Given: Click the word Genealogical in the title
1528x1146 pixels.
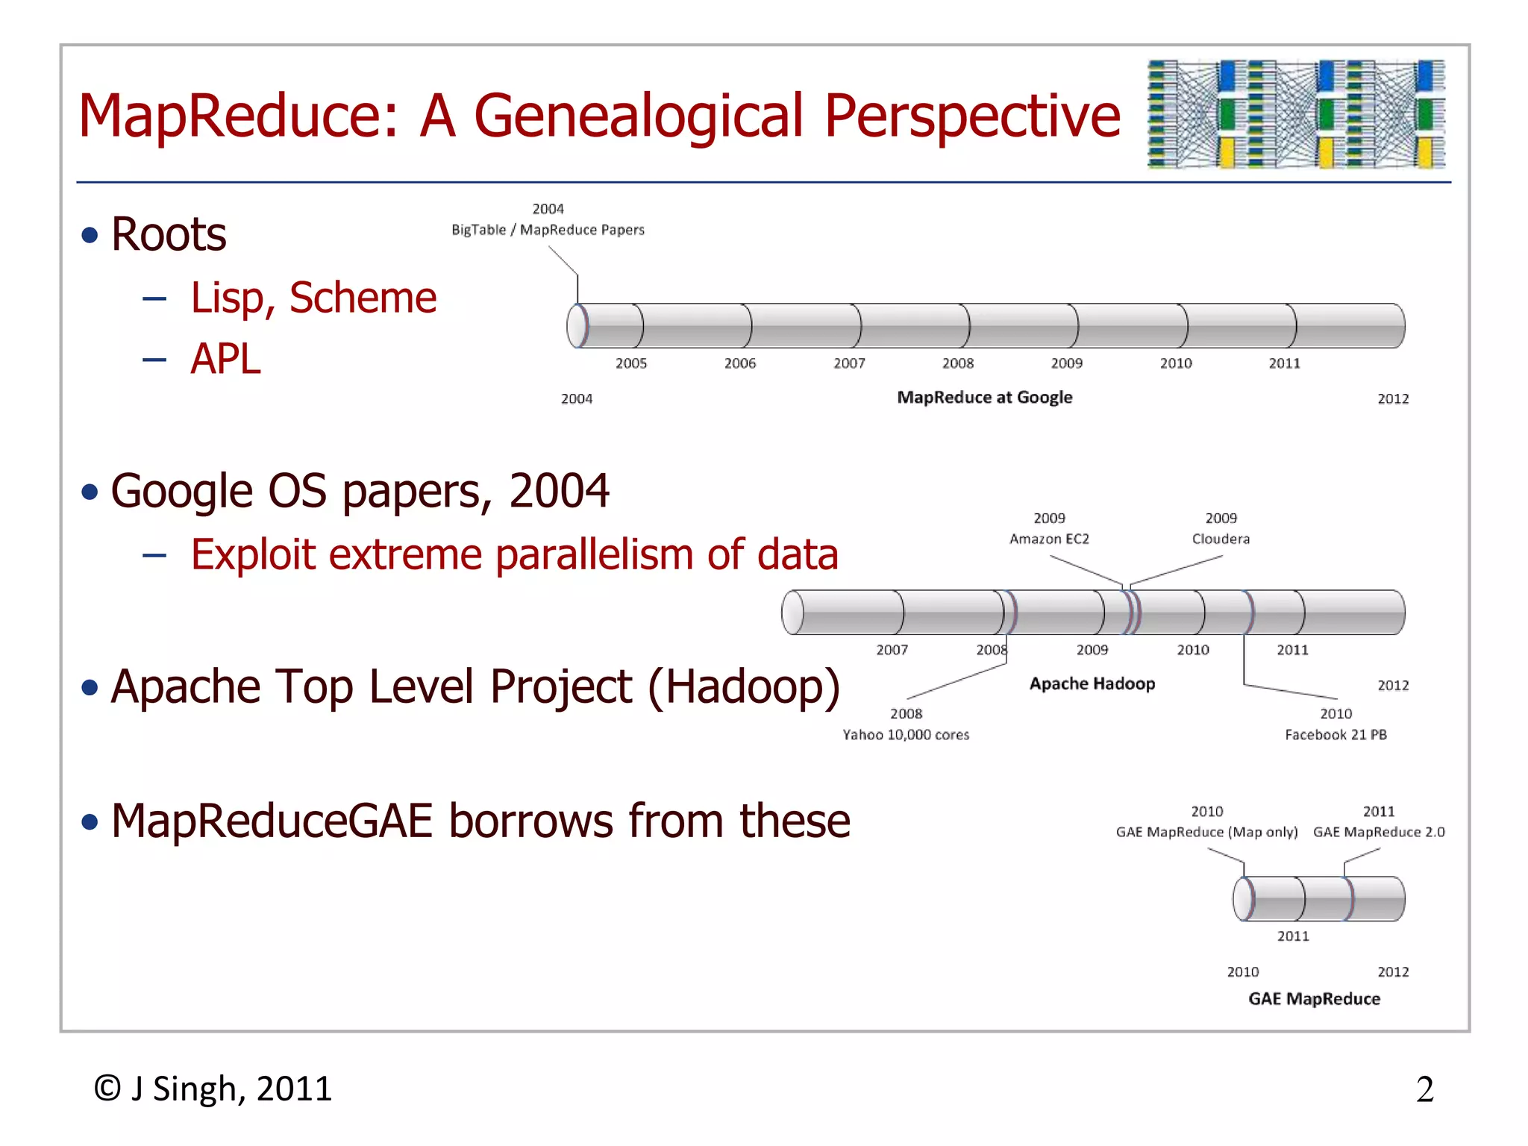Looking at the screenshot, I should point(639,116).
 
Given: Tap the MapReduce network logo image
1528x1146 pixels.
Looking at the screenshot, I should point(1296,114).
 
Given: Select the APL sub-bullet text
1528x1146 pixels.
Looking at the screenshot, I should point(225,359).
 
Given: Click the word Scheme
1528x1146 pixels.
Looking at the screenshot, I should point(363,298).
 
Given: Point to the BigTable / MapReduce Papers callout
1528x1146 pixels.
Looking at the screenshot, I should point(548,230).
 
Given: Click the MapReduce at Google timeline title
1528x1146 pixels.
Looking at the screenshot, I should point(984,397).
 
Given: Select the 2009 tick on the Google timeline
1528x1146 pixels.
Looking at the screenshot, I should point(1066,363).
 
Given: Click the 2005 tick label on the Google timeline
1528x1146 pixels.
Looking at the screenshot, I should point(630,363).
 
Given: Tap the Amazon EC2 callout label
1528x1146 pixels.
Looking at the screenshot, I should point(1049,539).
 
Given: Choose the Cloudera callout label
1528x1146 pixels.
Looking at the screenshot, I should point(1221,539).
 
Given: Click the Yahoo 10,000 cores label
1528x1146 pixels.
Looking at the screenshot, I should point(906,735).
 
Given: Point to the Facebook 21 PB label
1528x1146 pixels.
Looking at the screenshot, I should point(1336,735).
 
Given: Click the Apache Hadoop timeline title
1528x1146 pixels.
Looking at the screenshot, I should point(1092,683).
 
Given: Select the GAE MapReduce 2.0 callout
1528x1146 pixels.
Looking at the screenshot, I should point(1379,832).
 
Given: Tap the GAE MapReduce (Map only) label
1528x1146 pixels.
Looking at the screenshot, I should point(1206,832).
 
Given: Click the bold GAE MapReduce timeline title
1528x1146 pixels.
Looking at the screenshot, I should point(1314,999).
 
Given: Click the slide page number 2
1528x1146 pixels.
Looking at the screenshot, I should point(1424,1089).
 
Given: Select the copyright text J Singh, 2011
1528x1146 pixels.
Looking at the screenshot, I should point(213,1089).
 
